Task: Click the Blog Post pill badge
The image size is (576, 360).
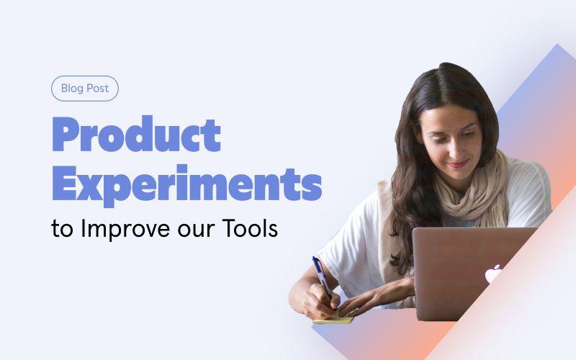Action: point(85,89)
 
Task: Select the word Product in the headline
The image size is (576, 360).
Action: point(137,134)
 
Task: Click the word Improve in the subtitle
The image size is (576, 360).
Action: point(125,229)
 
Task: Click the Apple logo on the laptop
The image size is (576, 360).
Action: point(493,274)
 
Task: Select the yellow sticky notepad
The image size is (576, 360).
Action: point(333,320)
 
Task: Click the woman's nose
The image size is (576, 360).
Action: point(451,150)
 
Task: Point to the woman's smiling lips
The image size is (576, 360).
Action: point(459,163)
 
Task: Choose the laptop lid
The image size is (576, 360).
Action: point(470,274)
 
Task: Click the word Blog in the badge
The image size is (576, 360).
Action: point(72,89)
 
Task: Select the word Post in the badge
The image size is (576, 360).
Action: point(97,89)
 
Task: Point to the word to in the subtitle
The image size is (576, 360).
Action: point(63,230)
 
